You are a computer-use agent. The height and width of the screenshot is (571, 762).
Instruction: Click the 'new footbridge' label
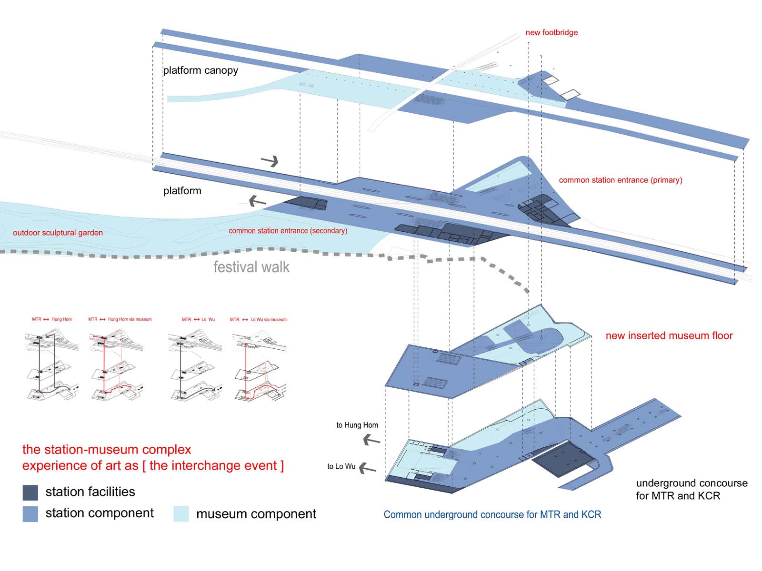[x=551, y=32]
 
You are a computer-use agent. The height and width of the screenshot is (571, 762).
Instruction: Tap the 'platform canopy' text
[x=201, y=70]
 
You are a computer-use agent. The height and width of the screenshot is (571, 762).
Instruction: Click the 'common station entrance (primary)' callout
[x=620, y=180]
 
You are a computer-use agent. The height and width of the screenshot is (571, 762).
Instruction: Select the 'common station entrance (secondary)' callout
[x=288, y=231]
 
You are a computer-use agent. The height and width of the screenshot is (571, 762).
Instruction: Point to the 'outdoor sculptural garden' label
[x=58, y=233]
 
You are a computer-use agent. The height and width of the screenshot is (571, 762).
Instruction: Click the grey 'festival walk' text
[x=251, y=267]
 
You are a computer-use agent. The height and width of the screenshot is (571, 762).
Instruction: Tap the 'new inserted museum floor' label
[x=669, y=335]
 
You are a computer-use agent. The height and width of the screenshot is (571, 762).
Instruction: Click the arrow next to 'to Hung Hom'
[x=371, y=441]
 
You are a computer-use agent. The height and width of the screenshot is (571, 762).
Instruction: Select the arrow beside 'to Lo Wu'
[x=367, y=469]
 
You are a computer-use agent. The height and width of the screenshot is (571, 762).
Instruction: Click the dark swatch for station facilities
[x=30, y=492]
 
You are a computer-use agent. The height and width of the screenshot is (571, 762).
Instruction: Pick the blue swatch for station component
[x=30, y=514]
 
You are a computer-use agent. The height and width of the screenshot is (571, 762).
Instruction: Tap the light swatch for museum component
[x=181, y=514]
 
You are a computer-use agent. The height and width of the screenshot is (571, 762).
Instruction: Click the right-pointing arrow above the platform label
[x=270, y=161]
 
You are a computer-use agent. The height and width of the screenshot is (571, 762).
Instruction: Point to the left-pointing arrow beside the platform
[x=257, y=201]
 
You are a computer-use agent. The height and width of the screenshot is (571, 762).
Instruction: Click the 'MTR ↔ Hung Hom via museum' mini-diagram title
[x=120, y=319]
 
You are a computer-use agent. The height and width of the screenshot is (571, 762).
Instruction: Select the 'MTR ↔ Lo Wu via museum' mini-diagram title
[x=258, y=319]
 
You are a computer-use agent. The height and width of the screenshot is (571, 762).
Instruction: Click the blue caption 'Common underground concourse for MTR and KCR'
[x=492, y=514]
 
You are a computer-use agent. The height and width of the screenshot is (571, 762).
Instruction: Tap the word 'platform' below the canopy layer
[x=182, y=191]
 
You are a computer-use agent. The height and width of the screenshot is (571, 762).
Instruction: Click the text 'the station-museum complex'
[x=107, y=450]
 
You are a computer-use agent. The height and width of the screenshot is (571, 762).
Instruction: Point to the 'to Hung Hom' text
[x=357, y=425]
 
